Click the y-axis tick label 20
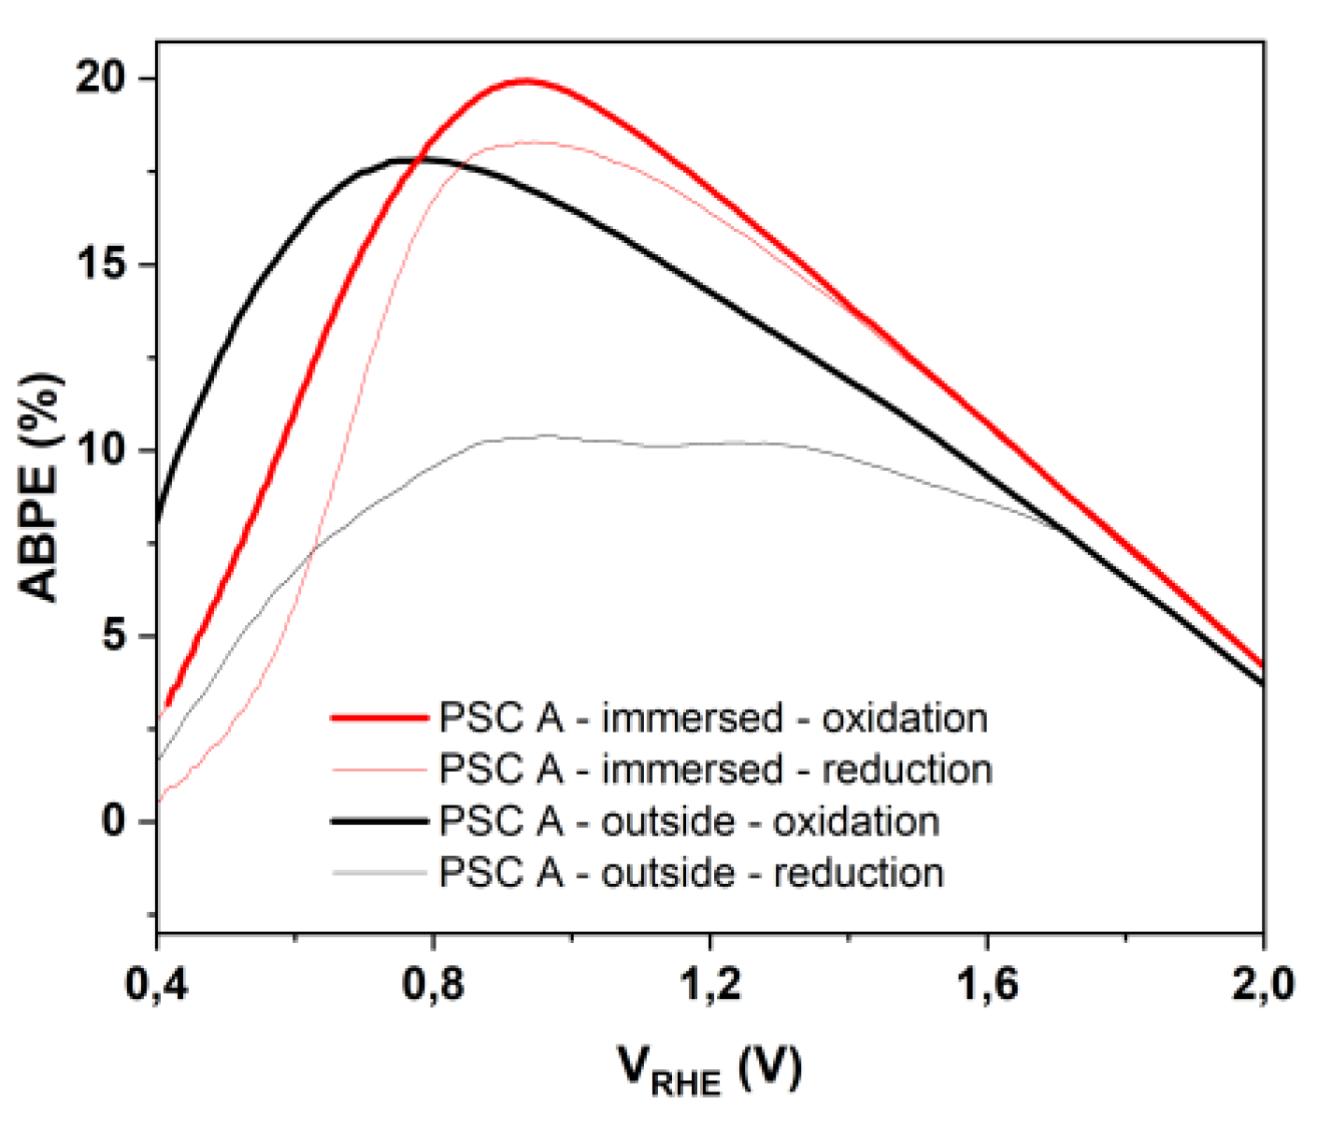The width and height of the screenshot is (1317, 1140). (x=102, y=78)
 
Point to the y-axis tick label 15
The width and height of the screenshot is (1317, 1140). (x=102, y=264)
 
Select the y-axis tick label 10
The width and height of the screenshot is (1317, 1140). (x=102, y=450)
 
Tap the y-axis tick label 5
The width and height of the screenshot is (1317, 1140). (x=114, y=636)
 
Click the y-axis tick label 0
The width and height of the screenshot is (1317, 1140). (x=114, y=821)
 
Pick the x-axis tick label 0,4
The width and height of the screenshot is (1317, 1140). (x=156, y=985)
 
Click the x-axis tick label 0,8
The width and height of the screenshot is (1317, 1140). (x=433, y=985)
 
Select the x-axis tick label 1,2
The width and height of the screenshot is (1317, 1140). (x=710, y=985)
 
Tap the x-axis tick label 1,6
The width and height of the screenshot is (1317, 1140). (x=987, y=985)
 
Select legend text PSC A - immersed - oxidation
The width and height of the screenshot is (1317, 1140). (x=713, y=719)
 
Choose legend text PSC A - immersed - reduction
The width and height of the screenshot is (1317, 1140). (x=715, y=770)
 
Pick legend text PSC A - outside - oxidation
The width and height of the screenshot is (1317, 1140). (x=689, y=822)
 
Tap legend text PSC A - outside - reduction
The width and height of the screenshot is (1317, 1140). (x=691, y=874)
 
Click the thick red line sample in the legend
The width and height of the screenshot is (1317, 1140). (x=379, y=719)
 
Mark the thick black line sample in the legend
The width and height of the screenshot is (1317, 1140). (x=379, y=821)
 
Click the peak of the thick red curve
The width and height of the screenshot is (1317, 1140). (x=525, y=80)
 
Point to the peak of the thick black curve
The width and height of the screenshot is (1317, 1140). (x=411, y=160)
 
